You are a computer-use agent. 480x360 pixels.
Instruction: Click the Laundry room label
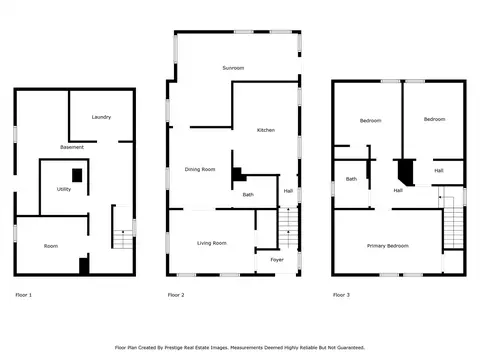[x=101, y=117]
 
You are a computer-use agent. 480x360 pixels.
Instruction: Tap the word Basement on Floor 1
[x=72, y=147]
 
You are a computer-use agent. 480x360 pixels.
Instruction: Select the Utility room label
[x=64, y=189]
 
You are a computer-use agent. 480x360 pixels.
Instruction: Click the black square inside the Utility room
[x=77, y=175]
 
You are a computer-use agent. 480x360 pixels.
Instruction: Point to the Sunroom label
[x=233, y=68]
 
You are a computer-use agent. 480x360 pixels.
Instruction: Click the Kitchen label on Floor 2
[x=266, y=130]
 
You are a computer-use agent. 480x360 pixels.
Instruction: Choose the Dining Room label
[x=200, y=169]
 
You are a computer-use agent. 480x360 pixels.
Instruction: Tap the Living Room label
[x=212, y=243]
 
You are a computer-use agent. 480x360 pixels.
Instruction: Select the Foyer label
[x=277, y=260]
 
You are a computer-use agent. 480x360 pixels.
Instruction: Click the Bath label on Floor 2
[x=248, y=195]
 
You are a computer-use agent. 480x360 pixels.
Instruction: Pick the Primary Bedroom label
[x=388, y=246]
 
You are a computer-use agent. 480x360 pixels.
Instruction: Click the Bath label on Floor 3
[x=351, y=179]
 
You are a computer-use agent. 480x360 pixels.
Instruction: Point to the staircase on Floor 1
[x=123, y=239]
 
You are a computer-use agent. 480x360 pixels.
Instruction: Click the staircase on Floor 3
[x=453, y=227]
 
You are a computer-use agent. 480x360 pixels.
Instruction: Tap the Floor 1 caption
[x=24, y=295]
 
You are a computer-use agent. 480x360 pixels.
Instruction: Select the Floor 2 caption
[x=176, y=295]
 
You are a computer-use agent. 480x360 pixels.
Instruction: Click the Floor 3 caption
[x=341, y=295]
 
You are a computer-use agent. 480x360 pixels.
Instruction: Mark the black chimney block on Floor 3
[x=406, y=172]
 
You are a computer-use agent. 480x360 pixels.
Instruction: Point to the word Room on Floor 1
[x=51, y=246]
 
